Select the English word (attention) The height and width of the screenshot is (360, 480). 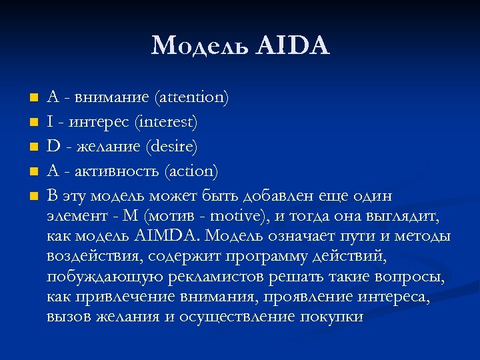tap(191, 98)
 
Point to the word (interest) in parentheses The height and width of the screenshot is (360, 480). tap(166, 123)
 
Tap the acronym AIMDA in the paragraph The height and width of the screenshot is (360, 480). tap(170, 236)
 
